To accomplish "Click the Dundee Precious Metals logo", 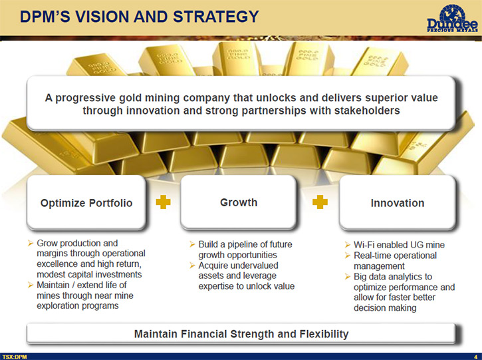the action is [x=452, y=19].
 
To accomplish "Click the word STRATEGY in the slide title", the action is [x=216, y=17].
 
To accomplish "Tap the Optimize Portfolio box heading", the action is [x=86, y=203].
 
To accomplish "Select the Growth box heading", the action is [x=239, y=202].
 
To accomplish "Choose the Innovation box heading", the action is [x=398, y=203].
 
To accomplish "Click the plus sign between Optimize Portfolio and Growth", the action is [x=164, y=202].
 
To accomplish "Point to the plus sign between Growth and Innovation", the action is [x=320, y=202].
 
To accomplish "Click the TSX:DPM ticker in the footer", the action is [x=15, y=357].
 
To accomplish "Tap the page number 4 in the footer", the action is [x=476, y=357].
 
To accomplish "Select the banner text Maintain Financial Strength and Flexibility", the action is [x=241, y=334].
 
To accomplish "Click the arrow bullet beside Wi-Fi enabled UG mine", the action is [x=347, y=245].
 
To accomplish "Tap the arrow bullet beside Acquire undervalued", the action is [x=192, y=266].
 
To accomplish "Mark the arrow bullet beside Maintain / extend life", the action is [x=31, y=285].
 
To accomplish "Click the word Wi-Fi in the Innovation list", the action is [x=364, y=245].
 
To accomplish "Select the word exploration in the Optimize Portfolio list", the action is [x=56, y=306].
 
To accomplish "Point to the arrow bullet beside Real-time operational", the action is [x=347, y=256].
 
